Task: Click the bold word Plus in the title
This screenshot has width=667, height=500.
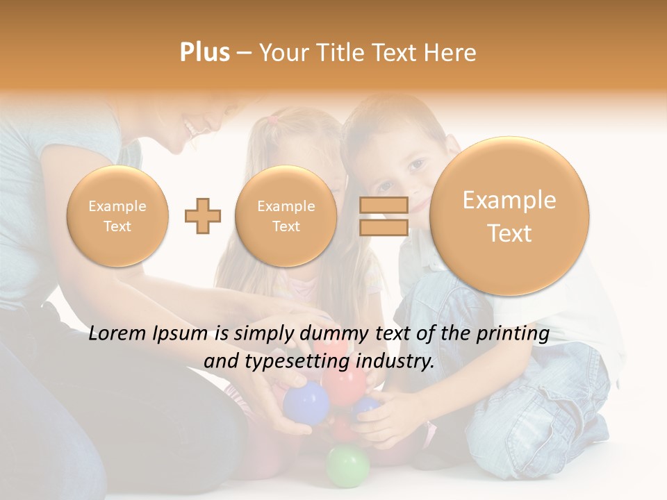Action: [204, 52]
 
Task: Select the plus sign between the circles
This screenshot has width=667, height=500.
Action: [203, 216]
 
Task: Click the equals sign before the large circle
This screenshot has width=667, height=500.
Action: [384, 216]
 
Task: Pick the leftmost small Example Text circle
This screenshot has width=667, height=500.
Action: [117, 216]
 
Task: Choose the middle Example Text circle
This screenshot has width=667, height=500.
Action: [286, 216]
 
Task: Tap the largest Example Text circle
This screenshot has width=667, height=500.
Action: [509, 216]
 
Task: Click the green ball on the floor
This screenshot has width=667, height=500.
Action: [348, 465]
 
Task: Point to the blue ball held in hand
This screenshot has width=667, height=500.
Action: [306, 402]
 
